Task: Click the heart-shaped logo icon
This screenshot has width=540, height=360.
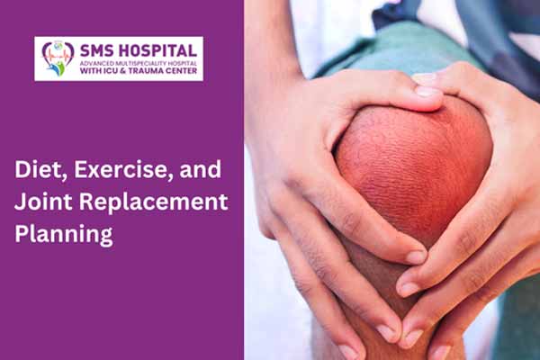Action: click(x=58, y=58)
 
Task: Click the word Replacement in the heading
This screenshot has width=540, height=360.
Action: click(x=153, y=202)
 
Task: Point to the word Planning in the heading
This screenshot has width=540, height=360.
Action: click(x=64, y=235)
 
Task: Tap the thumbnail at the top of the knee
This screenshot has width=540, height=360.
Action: click(x=427, y=91)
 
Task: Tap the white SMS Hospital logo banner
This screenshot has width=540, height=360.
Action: click(x=119, y=58)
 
